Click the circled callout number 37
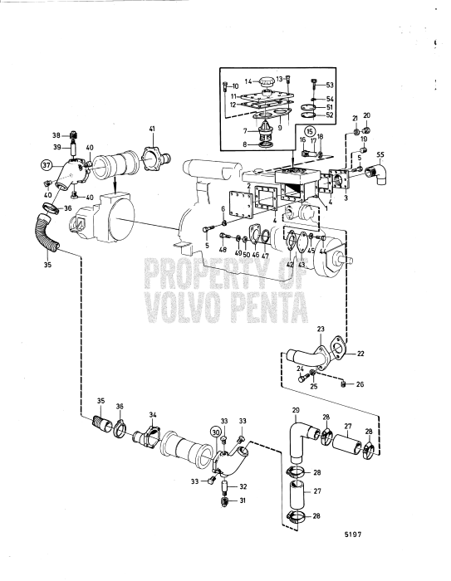47,164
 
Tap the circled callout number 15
309,131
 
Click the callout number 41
152,128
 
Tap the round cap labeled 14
267,83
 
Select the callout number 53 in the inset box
331,85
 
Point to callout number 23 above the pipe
321,330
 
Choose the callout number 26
359,384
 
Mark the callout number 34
153,414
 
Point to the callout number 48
222,250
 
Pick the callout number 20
366,115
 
